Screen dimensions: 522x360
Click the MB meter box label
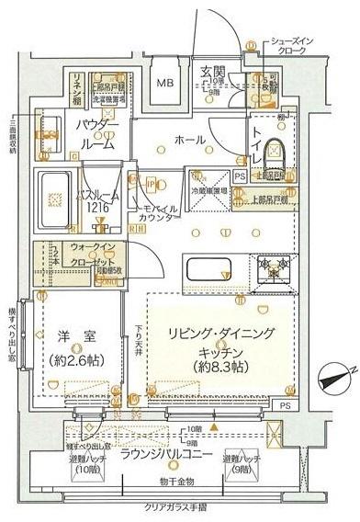coord(165,83)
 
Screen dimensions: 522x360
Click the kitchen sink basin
coord(211,270)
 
